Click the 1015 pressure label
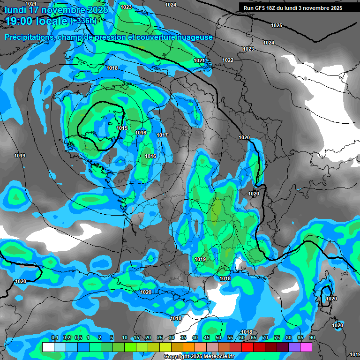[122, 128]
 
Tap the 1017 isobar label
[162, 135]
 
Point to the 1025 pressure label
[277, 25]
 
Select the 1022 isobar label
[228, 60]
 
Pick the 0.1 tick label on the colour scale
[54, 338]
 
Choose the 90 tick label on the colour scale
[312, 338]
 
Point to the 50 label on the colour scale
[218, 338]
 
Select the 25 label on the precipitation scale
[160, 338]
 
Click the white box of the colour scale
[48, 347]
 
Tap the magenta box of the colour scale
[306, 347]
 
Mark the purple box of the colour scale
[294, 347]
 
